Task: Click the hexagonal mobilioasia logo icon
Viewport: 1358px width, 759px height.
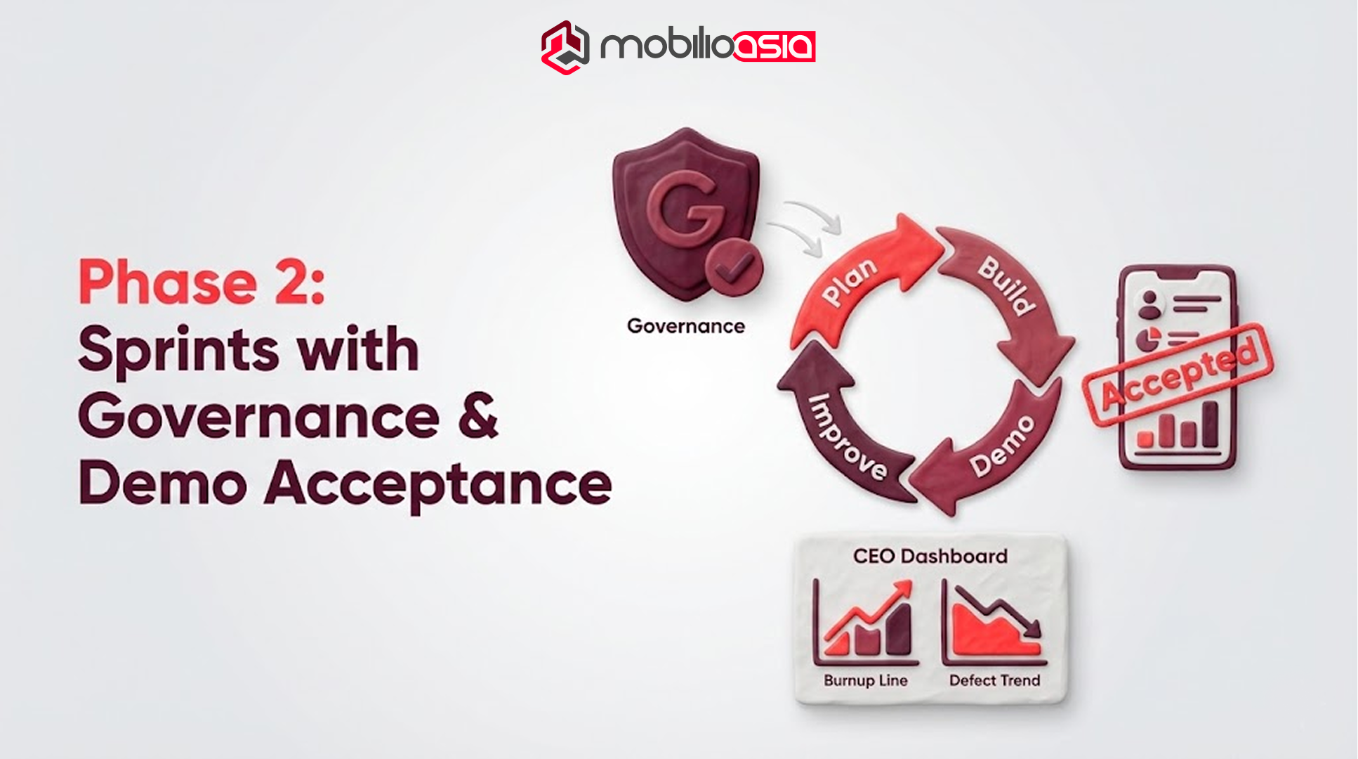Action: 565,47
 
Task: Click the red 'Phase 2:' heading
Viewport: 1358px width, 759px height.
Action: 202,282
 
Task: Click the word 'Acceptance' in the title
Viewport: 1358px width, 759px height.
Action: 438,484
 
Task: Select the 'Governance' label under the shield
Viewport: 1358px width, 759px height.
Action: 685,326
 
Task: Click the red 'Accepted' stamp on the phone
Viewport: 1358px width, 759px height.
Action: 1178,375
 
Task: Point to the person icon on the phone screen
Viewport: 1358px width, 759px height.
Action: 1149,304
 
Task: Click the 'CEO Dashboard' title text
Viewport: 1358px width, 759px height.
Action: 930,557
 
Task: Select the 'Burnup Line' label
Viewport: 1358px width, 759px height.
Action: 865,680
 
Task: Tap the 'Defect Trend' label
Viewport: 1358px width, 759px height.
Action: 994,680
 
